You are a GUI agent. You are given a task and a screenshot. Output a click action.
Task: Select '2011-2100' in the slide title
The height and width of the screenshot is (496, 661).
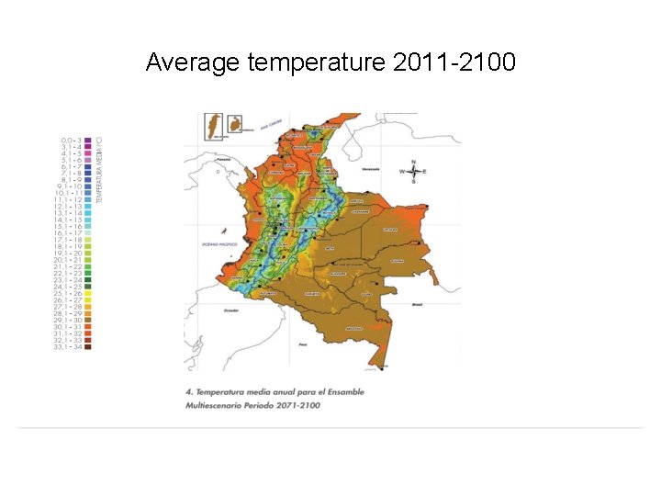(x=454, y=62)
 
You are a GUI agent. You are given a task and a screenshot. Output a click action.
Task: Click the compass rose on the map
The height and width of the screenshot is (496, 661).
(x=414, y=172)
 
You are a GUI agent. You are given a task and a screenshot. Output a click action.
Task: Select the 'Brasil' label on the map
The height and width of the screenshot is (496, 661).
(x=415, y=303)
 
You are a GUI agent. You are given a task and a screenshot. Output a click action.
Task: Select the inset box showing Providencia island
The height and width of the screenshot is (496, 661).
(x=236, y=122)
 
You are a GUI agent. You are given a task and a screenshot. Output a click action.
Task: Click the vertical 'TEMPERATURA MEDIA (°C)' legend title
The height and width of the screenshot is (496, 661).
(x=100, y=170)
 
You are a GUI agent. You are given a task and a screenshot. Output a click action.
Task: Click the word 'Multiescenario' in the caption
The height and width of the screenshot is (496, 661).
(x=217, y=405)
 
